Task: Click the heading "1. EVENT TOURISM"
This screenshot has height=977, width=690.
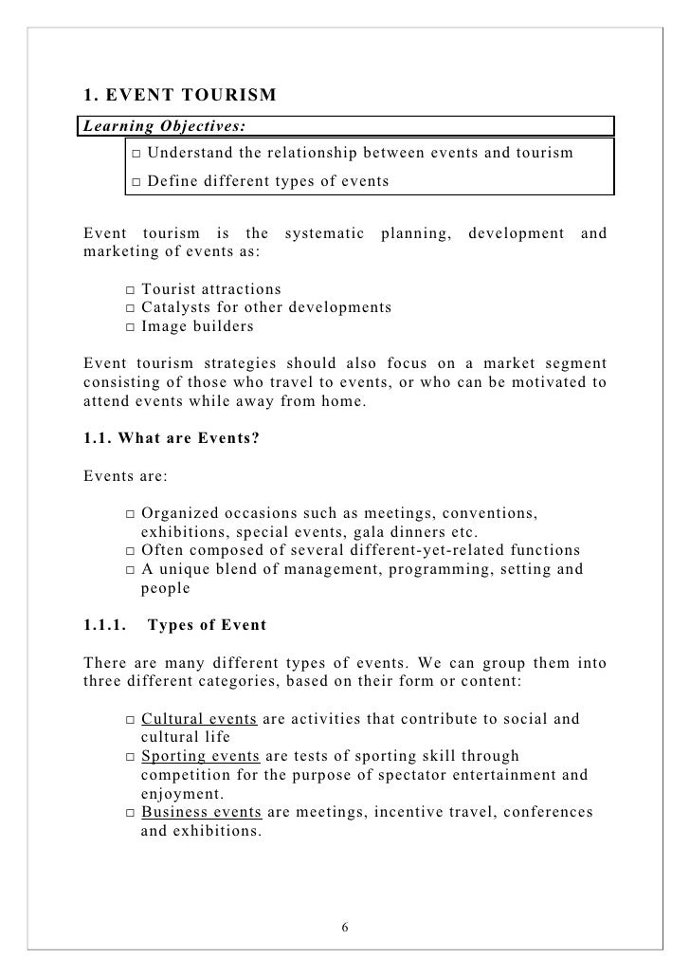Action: [180, 96]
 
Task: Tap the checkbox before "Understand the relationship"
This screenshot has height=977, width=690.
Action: [136, 154]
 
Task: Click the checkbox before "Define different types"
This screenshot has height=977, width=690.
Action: [136, 180]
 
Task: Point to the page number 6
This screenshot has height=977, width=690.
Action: [345, 926]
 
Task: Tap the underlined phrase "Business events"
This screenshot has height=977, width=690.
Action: [202, 812]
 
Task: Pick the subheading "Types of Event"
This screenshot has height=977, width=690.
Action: [208, 625]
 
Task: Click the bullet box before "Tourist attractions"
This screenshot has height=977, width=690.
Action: [130, 289]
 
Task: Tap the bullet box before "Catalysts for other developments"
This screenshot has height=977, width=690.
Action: [130, 308]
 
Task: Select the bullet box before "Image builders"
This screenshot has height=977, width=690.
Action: [130, 327]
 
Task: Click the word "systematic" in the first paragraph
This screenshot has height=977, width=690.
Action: [322, 233]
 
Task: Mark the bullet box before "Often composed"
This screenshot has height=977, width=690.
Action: [130, 551]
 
